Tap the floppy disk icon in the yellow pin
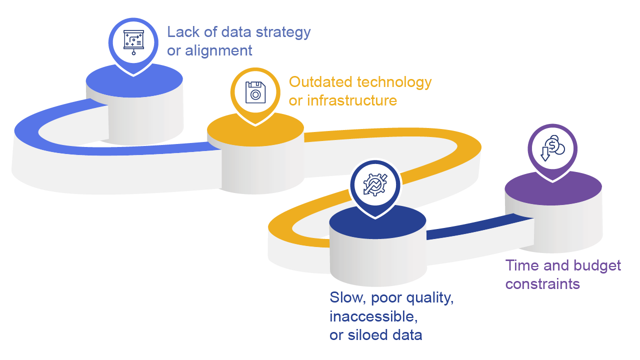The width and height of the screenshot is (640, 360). pos(255,92)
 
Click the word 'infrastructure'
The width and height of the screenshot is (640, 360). pos(352,100)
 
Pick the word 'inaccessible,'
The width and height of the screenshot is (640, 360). pos(373,317)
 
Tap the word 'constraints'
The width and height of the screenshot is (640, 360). pos(542,284)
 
